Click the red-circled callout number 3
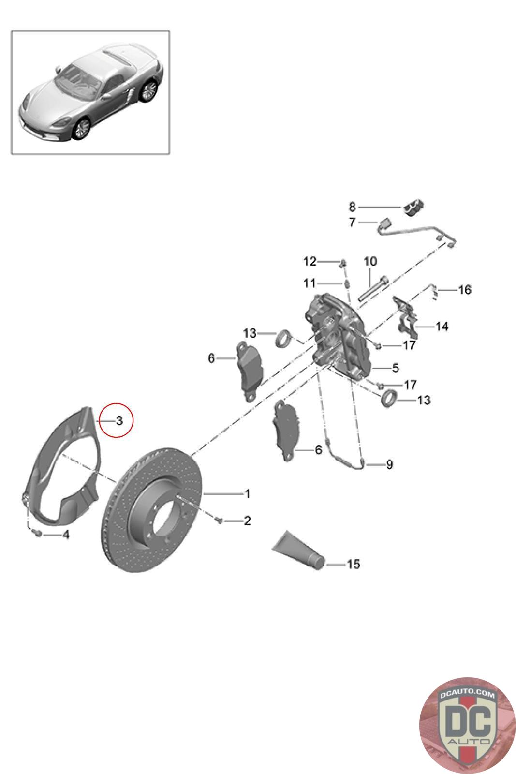coord(119,420)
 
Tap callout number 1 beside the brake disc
coord(247,493)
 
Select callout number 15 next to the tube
coord(353,564)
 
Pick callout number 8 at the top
coord(352,207)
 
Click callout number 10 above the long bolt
coord(370,262)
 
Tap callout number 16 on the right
coord(465,290)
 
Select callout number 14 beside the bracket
coord(442,327)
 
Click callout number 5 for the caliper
coord(396,368)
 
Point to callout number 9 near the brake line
coord(389,464)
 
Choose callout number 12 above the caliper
coord(310,262)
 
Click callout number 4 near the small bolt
coord(66,535)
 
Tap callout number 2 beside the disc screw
coord(247,521)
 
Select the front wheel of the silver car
coord(82,129)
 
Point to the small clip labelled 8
coord(413,208)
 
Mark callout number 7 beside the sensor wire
coord(352,222)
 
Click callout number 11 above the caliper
coord(310,283)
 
